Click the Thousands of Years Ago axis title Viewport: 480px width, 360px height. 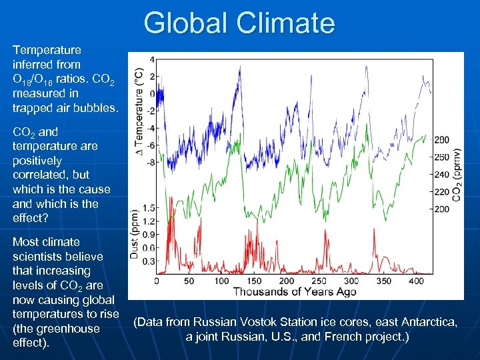coord(294,292)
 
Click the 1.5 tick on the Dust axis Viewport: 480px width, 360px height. coord(150,208)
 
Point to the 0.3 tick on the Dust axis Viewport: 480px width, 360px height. coord(150,261)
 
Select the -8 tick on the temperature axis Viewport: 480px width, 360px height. coord(151,162)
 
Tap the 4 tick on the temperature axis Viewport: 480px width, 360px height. coord(153,59)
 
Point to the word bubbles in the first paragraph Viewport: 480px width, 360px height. coord(97,108)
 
